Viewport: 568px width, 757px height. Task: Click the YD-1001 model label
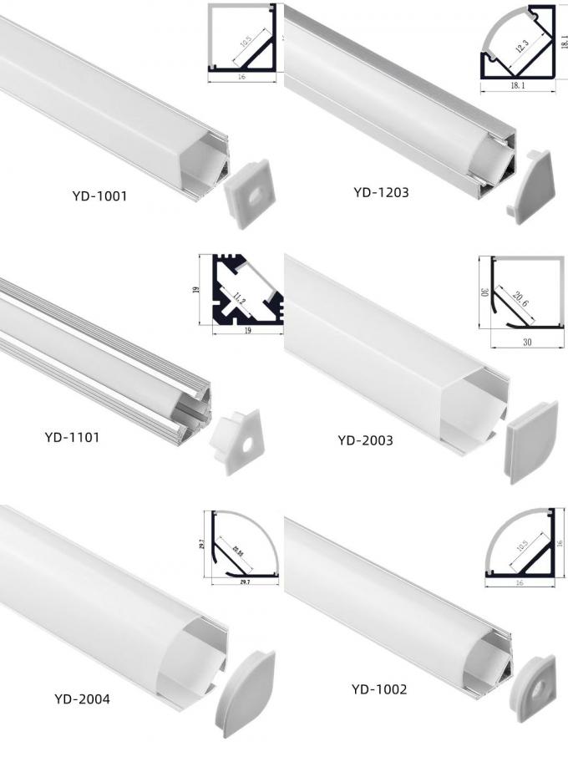(99, 198)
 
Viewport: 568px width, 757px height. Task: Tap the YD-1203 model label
(381, 192)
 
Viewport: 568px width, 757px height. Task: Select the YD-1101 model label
(72, 436)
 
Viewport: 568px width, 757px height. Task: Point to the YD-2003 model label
(365, 439)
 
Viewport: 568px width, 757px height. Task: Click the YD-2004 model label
(81, 699)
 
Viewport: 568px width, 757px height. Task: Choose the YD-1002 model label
(378, 689)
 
